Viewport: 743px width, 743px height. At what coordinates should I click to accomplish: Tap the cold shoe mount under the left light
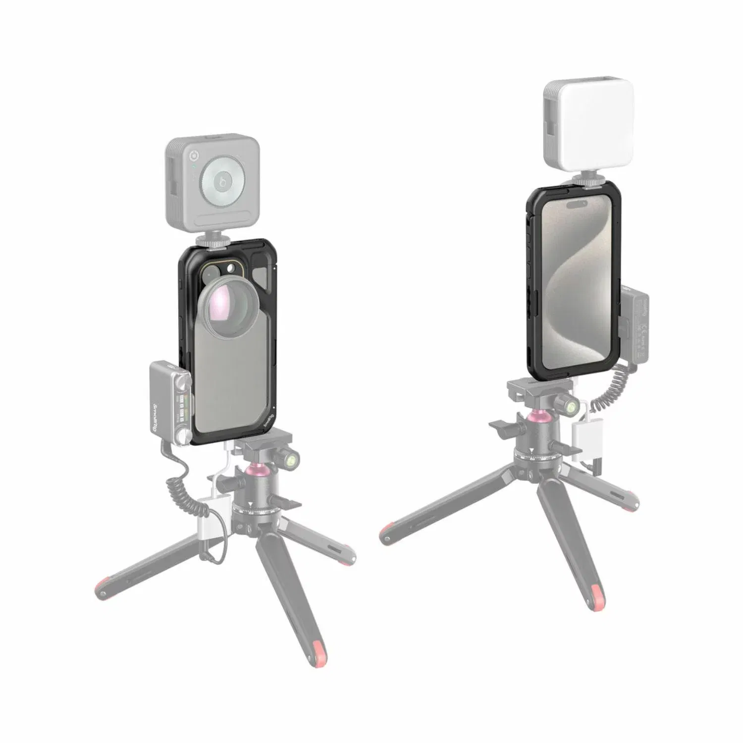coord(212,239)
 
